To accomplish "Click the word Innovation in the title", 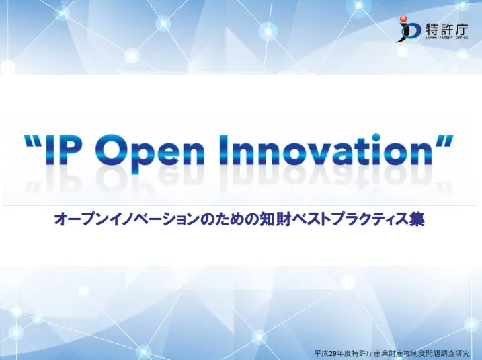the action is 328,149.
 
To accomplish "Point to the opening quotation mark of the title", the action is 33,141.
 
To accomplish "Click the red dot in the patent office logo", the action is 403,19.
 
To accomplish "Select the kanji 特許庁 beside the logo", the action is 447,30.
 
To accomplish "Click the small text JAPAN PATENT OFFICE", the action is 447,38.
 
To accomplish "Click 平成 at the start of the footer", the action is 321,353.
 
